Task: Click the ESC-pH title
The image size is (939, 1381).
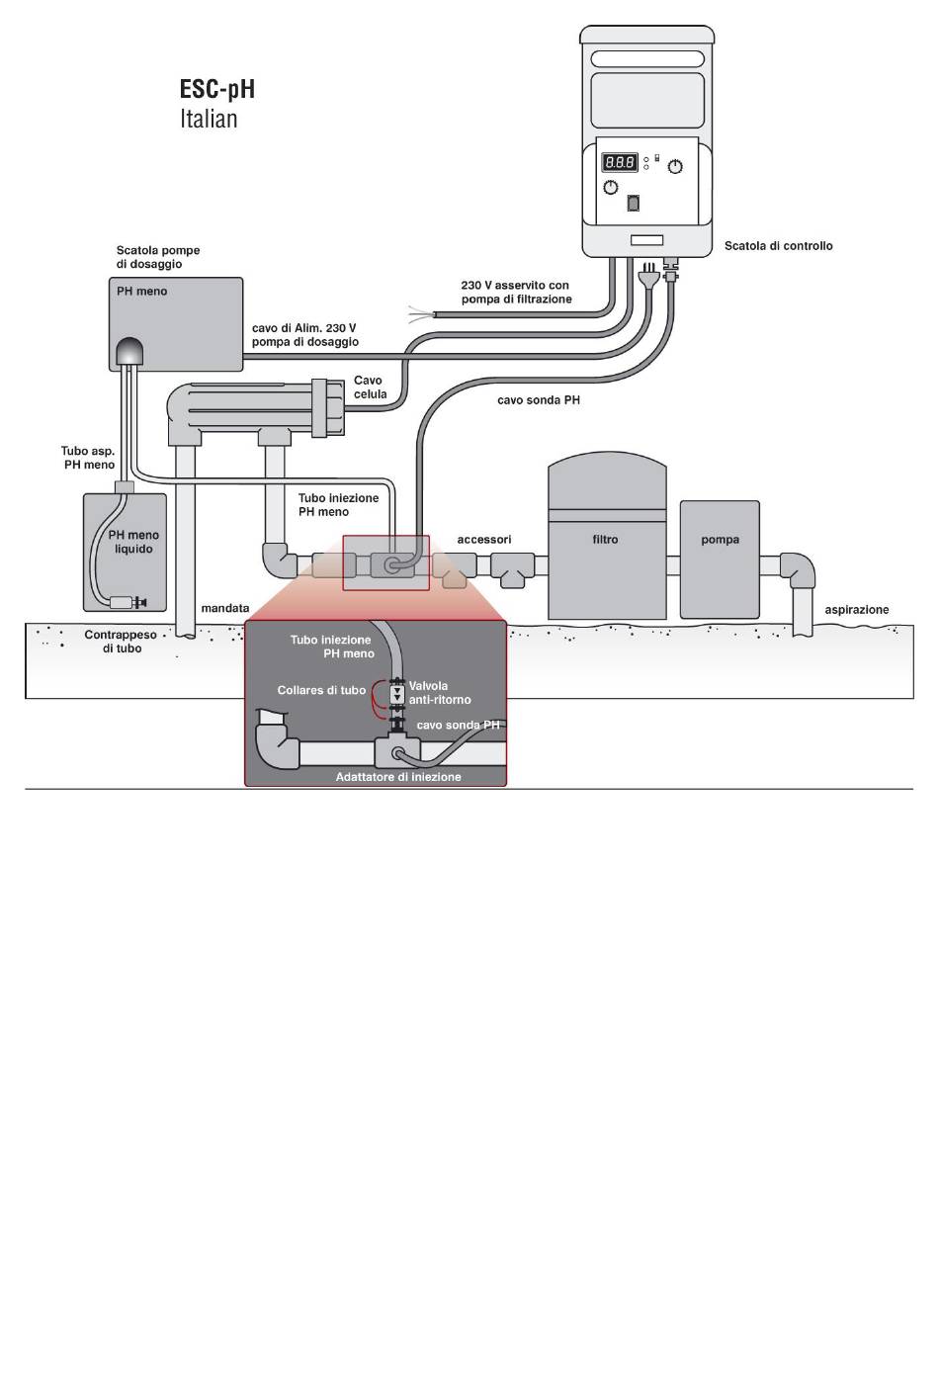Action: [x=217, y=89]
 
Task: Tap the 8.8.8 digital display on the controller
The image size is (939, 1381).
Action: [x=620, y=162]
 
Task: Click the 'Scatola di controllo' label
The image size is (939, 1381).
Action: [x=778, y=246]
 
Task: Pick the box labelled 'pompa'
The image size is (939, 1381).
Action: [x=720, y=560]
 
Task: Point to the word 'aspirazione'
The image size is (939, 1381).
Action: [x=856, y=610]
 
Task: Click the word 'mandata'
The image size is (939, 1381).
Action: [x=225, y=608]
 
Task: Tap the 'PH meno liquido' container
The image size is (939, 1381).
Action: [x=126, y=552]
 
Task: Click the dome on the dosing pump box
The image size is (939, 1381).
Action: [x=128, y=351]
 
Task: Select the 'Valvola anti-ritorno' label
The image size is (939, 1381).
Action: [x=440, y=692]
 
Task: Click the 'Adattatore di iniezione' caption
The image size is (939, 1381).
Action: [x=398, y=777]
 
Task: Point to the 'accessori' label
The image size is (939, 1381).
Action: [x=484, y=540]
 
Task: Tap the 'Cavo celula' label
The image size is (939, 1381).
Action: [x=370, y=388]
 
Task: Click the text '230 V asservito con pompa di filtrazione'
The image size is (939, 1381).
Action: [x=516, y=293]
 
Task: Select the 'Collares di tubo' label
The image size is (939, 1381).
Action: [x=321, y=690]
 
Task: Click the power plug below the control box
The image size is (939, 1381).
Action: [x=647, y=276]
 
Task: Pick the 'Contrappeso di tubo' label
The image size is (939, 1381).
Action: [x=121, y=642]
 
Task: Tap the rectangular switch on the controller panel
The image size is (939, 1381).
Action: [x=633, y=203]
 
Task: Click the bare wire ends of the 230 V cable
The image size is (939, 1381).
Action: [x=421, y=313]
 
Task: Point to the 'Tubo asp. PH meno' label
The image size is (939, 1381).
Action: [x=88, y=458]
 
